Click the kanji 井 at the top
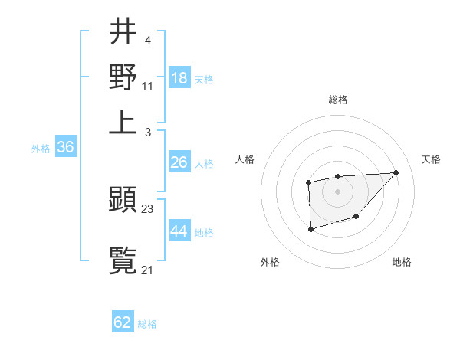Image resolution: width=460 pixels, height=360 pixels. point(123,32)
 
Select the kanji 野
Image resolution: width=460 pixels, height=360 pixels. point(123,77)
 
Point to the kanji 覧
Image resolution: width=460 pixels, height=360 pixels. point(123,259)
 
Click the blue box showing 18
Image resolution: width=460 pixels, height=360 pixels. point(179,77)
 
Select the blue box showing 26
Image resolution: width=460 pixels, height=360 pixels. point(179,162)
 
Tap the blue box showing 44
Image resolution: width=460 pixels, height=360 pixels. point(179,231)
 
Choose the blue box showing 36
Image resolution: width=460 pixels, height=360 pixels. point(65,148)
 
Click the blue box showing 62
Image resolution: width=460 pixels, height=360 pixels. point(123,322)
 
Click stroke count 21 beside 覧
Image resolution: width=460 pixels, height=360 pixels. point(148,269)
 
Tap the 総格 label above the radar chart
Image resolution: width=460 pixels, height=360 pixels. point(337,100)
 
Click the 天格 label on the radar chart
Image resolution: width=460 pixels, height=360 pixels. point(431,159)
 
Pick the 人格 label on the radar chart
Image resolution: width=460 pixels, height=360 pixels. point(245,159)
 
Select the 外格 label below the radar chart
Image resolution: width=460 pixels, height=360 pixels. point(269,262)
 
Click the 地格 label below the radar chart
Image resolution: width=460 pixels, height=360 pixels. point(402,262)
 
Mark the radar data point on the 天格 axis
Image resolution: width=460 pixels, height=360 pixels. point(396,172)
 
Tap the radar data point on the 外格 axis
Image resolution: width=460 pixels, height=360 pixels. point(310,229)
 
